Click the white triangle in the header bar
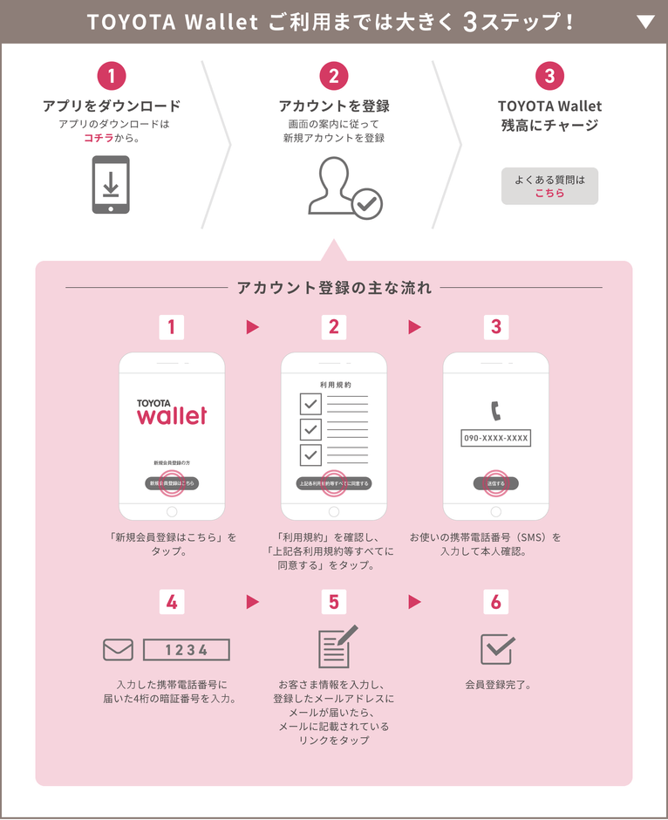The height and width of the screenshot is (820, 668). [645, 22]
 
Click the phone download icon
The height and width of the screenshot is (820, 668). [111, 184]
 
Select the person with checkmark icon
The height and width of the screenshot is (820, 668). [344, 187]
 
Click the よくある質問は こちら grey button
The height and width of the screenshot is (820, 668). [549, 186]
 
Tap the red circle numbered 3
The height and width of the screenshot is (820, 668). [549, 76]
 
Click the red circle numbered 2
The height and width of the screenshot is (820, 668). [334, 76]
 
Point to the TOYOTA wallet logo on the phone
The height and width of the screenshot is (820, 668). [172, 412]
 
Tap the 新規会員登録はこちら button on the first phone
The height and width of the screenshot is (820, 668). [172, 483]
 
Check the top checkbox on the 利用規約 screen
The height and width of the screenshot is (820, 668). [310, 403]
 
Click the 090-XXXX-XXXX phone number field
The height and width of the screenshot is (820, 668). [496, 438]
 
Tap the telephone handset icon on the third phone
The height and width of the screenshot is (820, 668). [496, 409]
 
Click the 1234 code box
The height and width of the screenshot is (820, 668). [186, 650]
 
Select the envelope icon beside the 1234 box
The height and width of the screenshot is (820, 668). [118, 650]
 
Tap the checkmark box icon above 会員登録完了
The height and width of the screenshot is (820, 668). [497, 648]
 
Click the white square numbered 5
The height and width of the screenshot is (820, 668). [334, 601]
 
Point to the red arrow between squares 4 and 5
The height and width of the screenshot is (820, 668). [253, 601]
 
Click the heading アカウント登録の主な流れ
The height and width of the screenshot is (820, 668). [334, 288]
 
